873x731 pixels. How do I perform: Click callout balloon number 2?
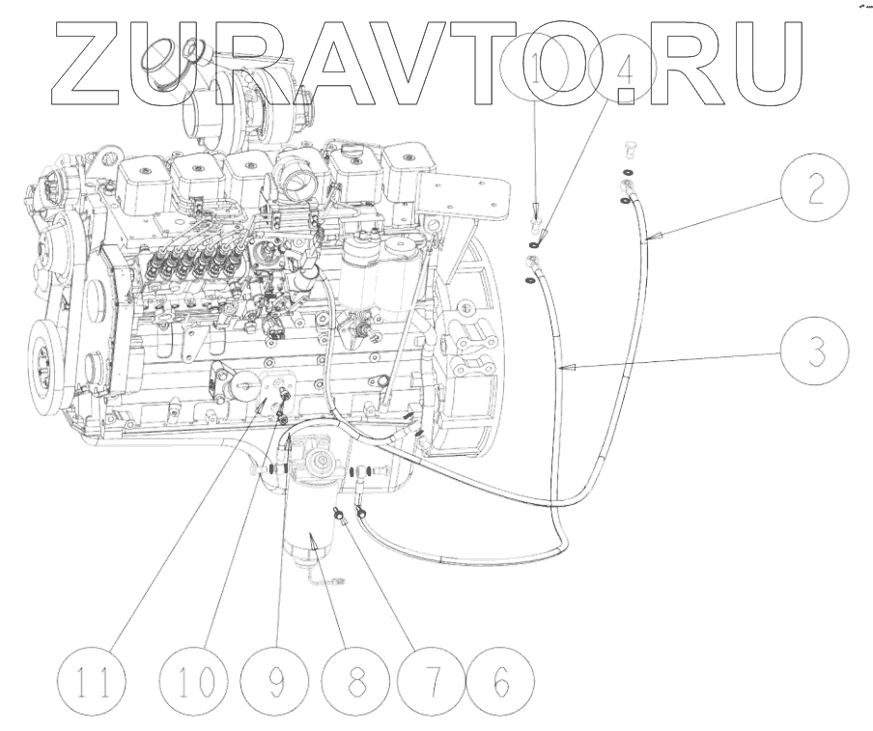click(x=816, y=189)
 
